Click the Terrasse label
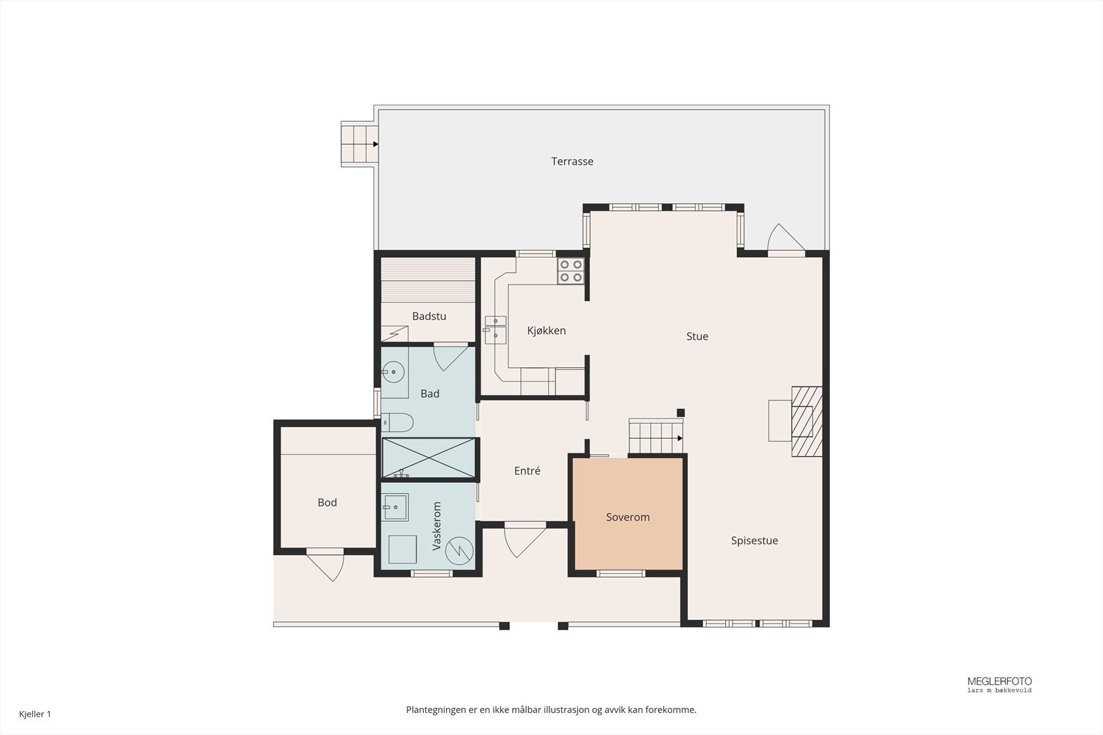pyautogui.click(x=571, y=161)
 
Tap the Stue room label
pyautogui.click(x=697, y=337)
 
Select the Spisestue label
pyautogui.click(x=754, y=541)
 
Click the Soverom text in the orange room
pyautogui.click(x=628, y=517)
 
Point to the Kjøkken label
pyautogui.click(x=546, y=331)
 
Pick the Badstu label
pyautogui.click(x=429, y=316)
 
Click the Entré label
pyautogui.click(x=527, y=470)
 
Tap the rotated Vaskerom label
pyautogui.click(x=436, y=526)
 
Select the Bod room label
pyautogui.click(x=327, y=502)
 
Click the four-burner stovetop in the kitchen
pyautogui.click(x=571, y=271)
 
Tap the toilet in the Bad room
pyautogui.click(x=397, y=422)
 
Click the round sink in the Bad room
pyautogui.click(x=393, y=372)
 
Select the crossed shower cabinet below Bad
pyautogui.click(x=428, y=457)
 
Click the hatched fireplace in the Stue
pyautogui.click(x=807, y=422)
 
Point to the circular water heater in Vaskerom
pyautogui.click(x=459, y=550)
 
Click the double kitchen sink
pyautogui.click(x=495, y=330)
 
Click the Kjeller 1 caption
pyautogui.click(x=35, y=714)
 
